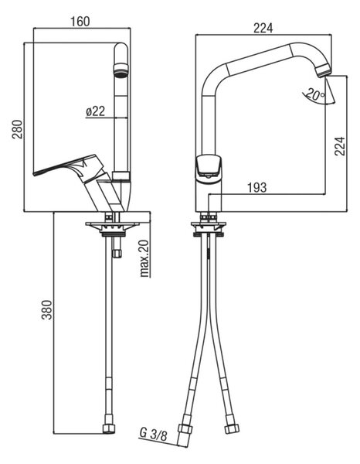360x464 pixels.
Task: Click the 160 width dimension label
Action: [x=80, y=22]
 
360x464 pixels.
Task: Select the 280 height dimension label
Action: [x=17, y=129]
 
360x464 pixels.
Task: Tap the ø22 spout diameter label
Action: [x=96, y=111]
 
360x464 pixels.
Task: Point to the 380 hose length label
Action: [x=46, y=309]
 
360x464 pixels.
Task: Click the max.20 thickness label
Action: [x=144, y=258]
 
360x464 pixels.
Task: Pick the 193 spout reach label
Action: [x=256, y=187]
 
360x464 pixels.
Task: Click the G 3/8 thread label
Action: [x=153, y=435]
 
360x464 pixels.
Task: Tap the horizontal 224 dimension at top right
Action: [x=263, y=28]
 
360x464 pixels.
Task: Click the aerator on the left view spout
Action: [x=121, y=70]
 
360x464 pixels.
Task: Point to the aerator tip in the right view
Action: [x=323, y=71]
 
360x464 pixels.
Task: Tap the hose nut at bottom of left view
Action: [x=108, y=428]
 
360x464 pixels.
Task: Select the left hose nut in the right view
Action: [x=185, y=428]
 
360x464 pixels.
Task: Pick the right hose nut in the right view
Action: [x=231, y=428]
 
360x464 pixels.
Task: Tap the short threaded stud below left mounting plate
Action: [x=117, y=247]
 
